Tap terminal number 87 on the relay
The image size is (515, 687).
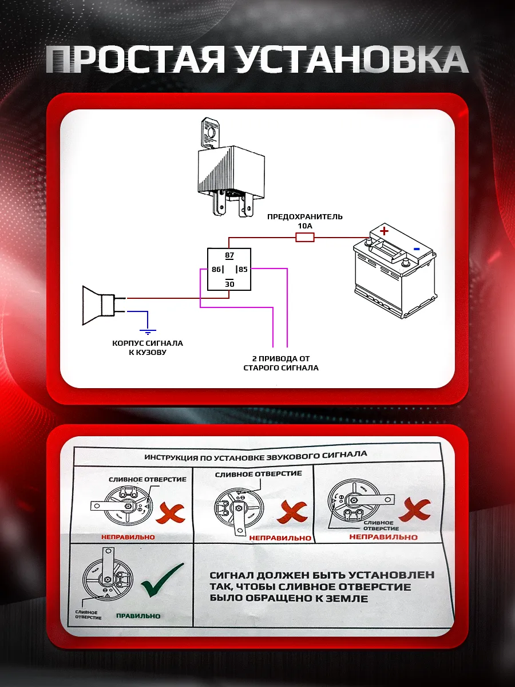229,255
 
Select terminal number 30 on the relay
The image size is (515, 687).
229,284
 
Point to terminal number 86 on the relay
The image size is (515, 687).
216,269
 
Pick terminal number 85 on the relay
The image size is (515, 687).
243,269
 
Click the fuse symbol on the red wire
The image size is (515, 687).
304,237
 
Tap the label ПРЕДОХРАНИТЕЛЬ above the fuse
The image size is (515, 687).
305,216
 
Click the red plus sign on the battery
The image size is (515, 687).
384,231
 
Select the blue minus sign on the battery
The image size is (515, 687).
417,248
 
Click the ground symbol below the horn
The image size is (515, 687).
148,330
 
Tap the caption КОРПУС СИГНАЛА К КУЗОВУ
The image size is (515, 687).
148,348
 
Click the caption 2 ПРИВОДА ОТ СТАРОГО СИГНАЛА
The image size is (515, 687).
280,363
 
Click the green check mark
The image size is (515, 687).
163,579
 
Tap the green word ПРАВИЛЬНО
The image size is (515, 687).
138,616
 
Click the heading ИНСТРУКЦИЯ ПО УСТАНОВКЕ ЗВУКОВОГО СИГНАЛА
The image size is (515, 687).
256,457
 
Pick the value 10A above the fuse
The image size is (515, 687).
304,226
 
